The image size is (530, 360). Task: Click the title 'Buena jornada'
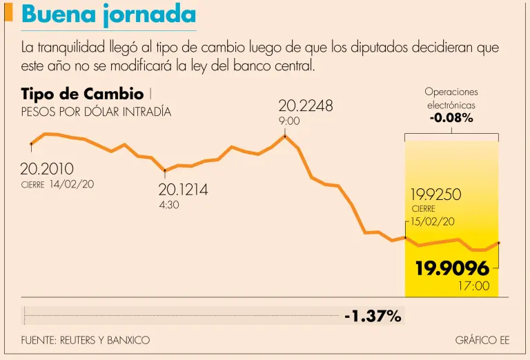click(108, 15)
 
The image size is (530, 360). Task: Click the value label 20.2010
click(47, 169)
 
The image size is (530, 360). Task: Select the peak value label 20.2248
click(306, 106)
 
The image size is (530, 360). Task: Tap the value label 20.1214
click(183, 190)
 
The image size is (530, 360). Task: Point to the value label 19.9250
click(435, 194)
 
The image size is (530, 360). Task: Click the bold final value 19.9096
click(452, 268)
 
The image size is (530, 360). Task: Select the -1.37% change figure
click(373, 317)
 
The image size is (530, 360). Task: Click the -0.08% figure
click(451, 118)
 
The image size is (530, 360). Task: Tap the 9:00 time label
click(289, 121)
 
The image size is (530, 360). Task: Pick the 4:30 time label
click(169, 205)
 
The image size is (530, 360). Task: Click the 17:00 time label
click(474, 286)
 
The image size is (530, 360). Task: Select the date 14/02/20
click(72, 184)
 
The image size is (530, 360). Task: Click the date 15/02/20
click(433, 221)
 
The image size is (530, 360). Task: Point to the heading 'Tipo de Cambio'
click(82, 94)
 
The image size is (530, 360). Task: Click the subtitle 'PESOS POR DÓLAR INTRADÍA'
click(96, 112)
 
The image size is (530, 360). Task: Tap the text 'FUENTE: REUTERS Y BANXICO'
click(86, 341)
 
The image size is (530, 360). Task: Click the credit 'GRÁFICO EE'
click(482, 341)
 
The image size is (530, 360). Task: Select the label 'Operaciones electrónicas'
click(451, 99)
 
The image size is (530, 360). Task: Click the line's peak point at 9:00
click(285, 136)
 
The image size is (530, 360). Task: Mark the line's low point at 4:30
click(165, 170)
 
